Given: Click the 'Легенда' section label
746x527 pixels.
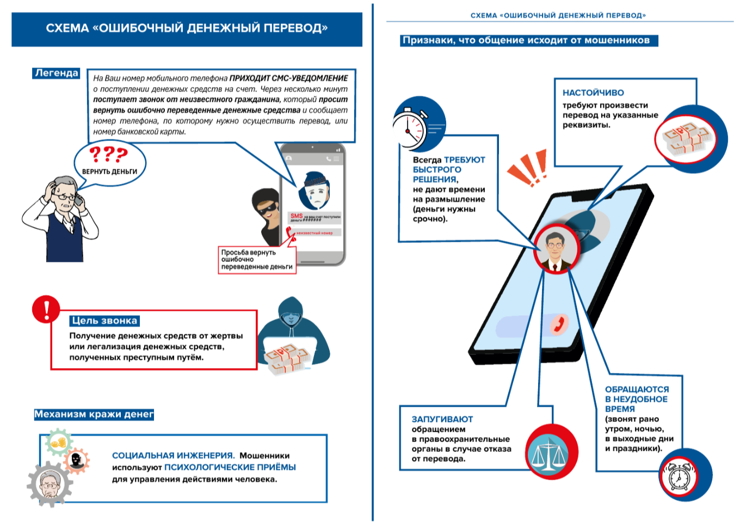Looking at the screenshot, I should [56, 73].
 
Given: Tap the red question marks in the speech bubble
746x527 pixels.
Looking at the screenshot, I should [108, 155].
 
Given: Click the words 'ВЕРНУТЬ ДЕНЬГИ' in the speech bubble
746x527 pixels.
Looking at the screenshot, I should [109, 171].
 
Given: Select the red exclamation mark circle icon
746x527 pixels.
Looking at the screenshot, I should [46, 309].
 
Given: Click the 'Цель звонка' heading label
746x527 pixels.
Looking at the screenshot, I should [104, 321].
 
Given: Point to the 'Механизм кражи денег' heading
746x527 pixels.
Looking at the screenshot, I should [94, 414].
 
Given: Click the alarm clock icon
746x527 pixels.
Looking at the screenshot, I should [680, 476].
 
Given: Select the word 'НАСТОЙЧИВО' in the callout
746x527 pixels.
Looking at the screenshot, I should [593, 93].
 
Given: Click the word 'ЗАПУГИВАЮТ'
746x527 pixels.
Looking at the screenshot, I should [442, 419].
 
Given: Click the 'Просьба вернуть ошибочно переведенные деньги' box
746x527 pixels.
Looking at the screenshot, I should [257, 260].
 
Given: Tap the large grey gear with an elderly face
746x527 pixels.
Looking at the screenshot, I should [50, 484].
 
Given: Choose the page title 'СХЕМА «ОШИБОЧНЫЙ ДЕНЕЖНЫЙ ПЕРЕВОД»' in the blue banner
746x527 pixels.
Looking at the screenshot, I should [187, 28].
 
